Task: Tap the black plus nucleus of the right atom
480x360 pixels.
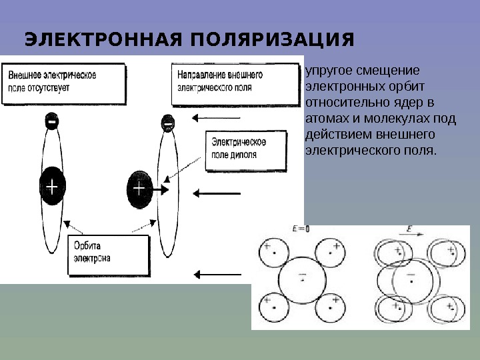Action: pyautogui.click(x=139, y=189)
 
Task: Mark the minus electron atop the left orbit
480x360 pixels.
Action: pyautogui.click(x=51, y=122)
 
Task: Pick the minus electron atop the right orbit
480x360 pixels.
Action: pyautogui.click(x=167, y=123)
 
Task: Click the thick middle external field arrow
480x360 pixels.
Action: pyautogui.click(x=217, y=193)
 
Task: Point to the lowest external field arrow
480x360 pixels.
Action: pyautogui.click(x=217, y=273)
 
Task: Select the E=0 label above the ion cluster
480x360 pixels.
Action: pyautogui.click(x=301, y=229)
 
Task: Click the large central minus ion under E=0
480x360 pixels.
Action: pyautogui.click(x=301, y=279)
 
